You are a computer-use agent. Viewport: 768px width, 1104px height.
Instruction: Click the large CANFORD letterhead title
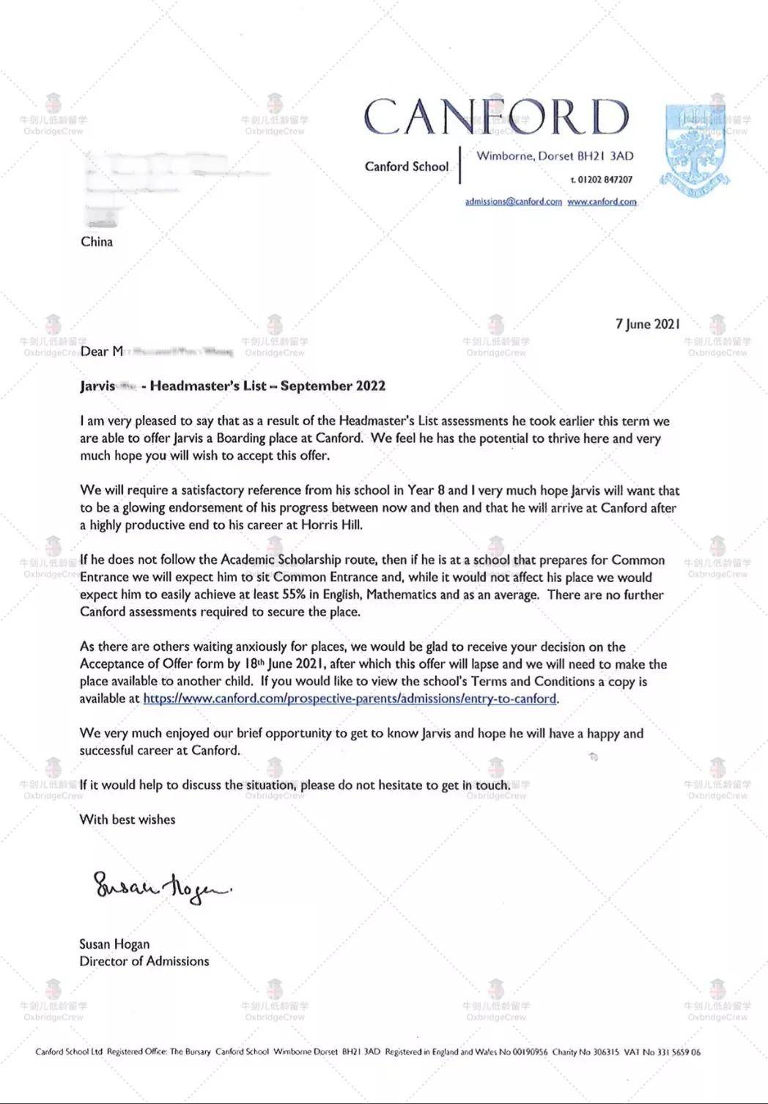click(x=496, y=117)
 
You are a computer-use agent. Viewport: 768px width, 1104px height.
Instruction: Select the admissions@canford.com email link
click(x=513, y=202)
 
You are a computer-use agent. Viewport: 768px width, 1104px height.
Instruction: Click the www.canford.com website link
click(x=602, y=202)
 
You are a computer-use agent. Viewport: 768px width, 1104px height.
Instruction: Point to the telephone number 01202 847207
click(x=605, y=180)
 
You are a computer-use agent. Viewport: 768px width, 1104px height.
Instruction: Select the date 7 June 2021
click(x=647, y=324)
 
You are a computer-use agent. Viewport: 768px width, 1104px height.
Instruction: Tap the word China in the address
click(x=97, y=242)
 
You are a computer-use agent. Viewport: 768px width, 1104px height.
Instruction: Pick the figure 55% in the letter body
click(x=291, y=595)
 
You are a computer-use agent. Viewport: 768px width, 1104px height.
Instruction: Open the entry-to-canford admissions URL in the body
click(x=350, y=699)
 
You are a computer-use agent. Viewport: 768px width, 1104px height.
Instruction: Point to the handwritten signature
click(x=161, y=888)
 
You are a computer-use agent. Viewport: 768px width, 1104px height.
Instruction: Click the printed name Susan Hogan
click(x=114, y=944)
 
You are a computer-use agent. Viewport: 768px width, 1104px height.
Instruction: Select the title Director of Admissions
click(x=144, y=961)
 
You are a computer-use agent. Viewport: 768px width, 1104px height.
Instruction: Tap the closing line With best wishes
click(x=128, y=820)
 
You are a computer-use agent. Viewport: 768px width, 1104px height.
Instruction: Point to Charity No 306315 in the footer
click(x=586, y=1052)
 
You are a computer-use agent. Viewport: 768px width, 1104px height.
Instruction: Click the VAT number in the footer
click(x=662, y=1052)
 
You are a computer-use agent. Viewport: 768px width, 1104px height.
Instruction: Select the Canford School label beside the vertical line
click(x=407, y=166)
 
